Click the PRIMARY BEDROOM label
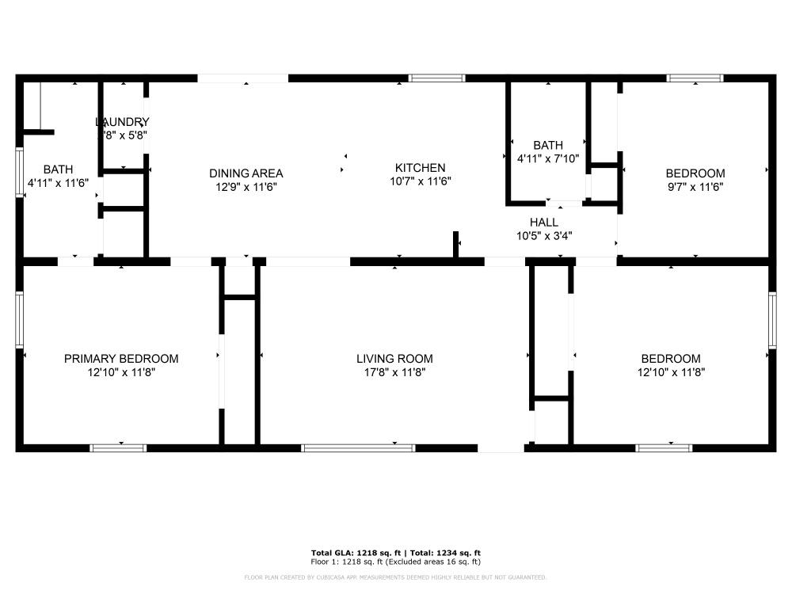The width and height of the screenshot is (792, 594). click(x=121, y=359)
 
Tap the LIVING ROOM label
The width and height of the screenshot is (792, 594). click(x=394, y=359)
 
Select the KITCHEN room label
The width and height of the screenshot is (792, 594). click(x=420, y=168)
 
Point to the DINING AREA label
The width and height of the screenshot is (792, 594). click(x=246, y=173)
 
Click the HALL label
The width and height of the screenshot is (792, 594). click(x=544, y=223)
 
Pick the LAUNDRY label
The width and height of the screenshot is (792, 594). click(x=122, y=122)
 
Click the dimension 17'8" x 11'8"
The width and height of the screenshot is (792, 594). click(x=394, y=372)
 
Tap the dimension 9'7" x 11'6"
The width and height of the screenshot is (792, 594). click(x=695, y=187)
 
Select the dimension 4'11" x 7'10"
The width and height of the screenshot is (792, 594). click(x=548, y=158)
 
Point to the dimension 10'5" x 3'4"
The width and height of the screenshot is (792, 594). click(x=544, y=235)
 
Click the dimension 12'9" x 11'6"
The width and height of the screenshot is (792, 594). click(x=246, y=187)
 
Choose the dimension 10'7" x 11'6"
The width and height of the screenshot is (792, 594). click(x=420, y=181)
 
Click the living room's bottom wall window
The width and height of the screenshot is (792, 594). click(x=359, y=448)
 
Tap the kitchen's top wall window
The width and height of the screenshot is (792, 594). click(x=436, y=78)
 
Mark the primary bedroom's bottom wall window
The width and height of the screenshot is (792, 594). click(x=119, y=448)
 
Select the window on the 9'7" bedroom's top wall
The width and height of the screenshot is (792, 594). click(x=695, y=78)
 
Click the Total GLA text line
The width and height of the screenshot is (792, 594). click(x=395, y=552)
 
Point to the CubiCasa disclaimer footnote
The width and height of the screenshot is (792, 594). click(x=395, y=577)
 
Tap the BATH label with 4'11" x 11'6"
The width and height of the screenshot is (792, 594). click(x=58, y=169)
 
